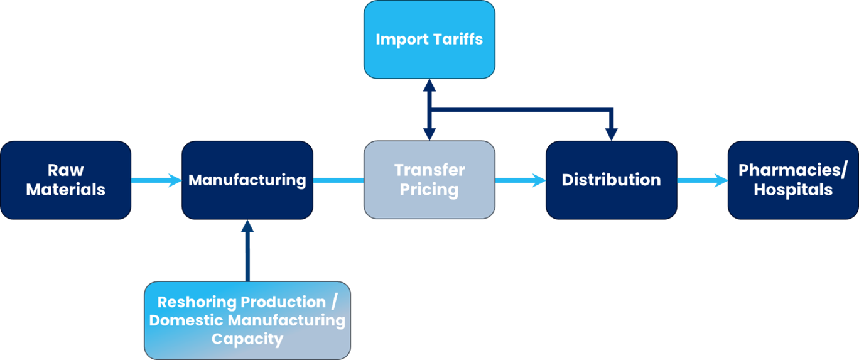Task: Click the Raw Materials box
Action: pyautogui.click(x=65, y=180)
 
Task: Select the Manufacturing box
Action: pyautogui.click(x=247, y=180)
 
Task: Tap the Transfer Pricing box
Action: pyautogui.click(x=429, y=180)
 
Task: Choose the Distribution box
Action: pyautogui.click(x=611, y=180)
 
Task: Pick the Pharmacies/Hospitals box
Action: pyautogui.click(x=792, y=180)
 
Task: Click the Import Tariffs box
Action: pyautogui.click(x=429, y=39)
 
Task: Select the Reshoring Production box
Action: pyautogui.click(x=247, y=320)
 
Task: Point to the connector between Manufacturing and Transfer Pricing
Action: pyautogui.click(x=338, y=180)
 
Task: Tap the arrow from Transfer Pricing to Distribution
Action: pyautogui.click(x=520, y=180)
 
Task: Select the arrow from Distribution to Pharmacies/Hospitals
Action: pyautogui.click(x=701, y=180)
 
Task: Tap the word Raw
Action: pyautogui.click(x=65, y=170)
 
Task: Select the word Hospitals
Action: pyautogui.click(x=792, y=190)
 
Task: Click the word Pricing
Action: pyautogui.click(x=429, y=190)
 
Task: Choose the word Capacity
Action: pyautogui.click(x=247, y=339)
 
